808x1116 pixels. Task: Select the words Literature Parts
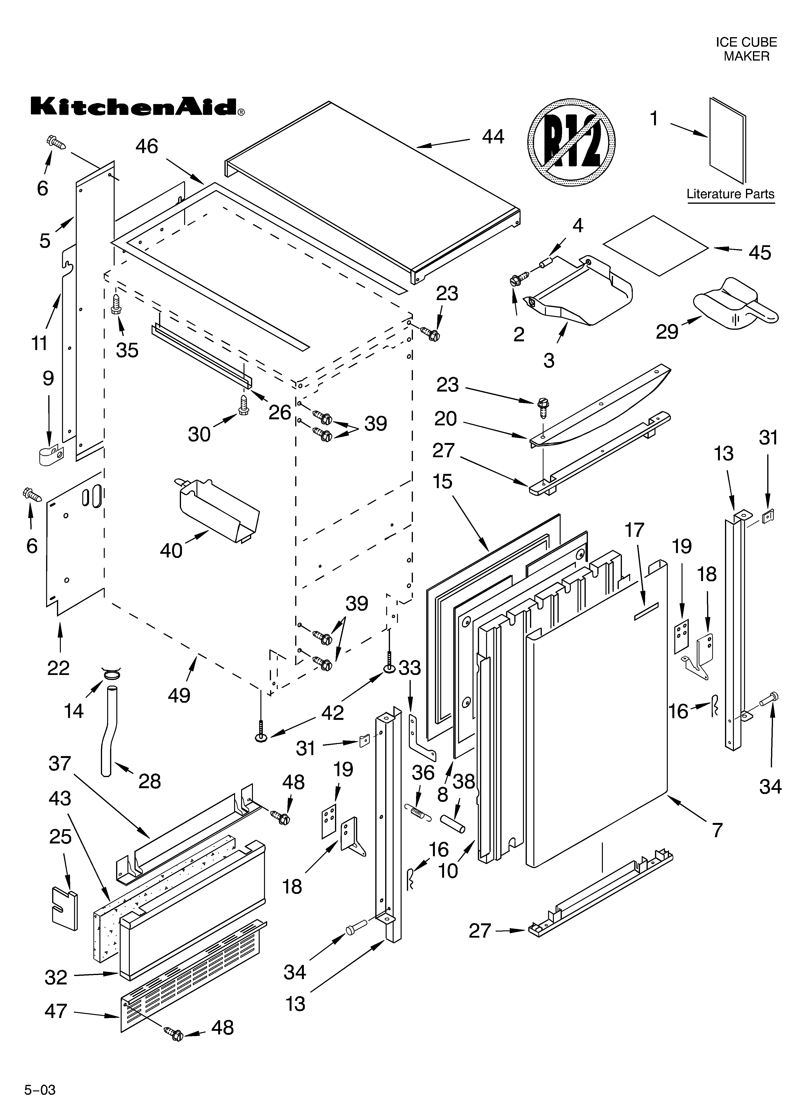(730, 194)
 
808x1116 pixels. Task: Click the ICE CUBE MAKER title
(746, 49)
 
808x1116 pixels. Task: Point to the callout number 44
(493, 137)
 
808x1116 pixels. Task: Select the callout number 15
(442, 481)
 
